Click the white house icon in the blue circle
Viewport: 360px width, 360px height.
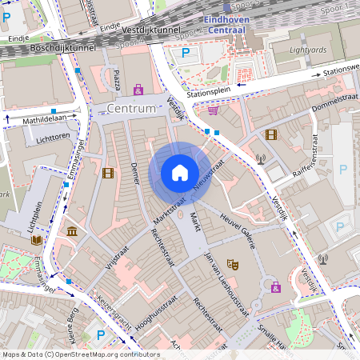[180, 173]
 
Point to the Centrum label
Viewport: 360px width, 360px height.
[130, 107]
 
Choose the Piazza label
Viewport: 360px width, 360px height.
[117, 80]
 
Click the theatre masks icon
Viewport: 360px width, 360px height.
[233, 263]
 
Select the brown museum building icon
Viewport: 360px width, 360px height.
[73, 232]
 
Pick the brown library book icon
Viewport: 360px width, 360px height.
[36, 239]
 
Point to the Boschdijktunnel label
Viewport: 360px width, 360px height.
[61, 48]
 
